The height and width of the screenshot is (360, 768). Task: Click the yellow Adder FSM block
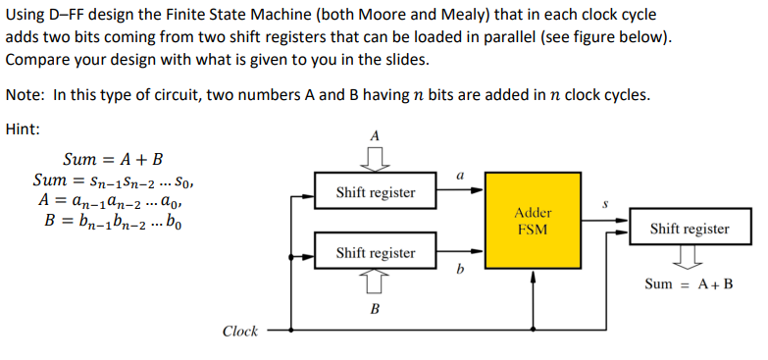(533, 221)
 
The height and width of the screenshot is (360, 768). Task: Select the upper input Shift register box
(375, 191)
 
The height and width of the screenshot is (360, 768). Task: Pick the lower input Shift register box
(375, 252)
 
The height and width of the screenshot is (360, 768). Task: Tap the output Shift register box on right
(690, 229)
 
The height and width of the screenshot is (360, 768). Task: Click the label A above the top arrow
(375, 135)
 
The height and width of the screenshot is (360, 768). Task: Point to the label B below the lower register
(375, 308)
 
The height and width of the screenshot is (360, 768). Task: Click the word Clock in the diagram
(240, 332)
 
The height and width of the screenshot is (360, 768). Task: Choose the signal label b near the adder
(459, 267)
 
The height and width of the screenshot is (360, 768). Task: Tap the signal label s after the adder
(604, 206)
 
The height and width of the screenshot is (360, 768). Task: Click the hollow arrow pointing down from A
(375, 157)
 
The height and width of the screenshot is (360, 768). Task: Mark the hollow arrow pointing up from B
(375, 284)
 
